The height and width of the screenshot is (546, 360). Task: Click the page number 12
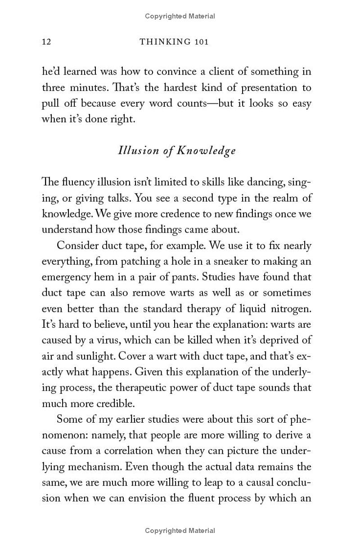point(46,42)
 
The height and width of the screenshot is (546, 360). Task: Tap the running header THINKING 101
point(174,42)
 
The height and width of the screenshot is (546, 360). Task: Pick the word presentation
point(261,88)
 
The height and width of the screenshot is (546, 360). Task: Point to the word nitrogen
point(290,309)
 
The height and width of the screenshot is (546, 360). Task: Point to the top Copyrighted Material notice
point(180,16)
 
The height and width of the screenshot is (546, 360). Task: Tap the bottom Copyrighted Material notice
point(180,531)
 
